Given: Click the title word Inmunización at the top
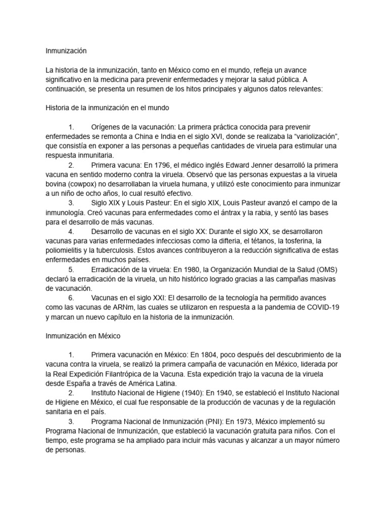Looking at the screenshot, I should (66, 50).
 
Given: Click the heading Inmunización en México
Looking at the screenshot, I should (83, 336).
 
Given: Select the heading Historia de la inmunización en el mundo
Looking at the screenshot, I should (107, 108).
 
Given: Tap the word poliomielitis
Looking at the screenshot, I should (66, 250).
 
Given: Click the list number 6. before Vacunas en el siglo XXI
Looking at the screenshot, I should (71, 298).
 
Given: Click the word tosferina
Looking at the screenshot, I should (294, 241).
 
